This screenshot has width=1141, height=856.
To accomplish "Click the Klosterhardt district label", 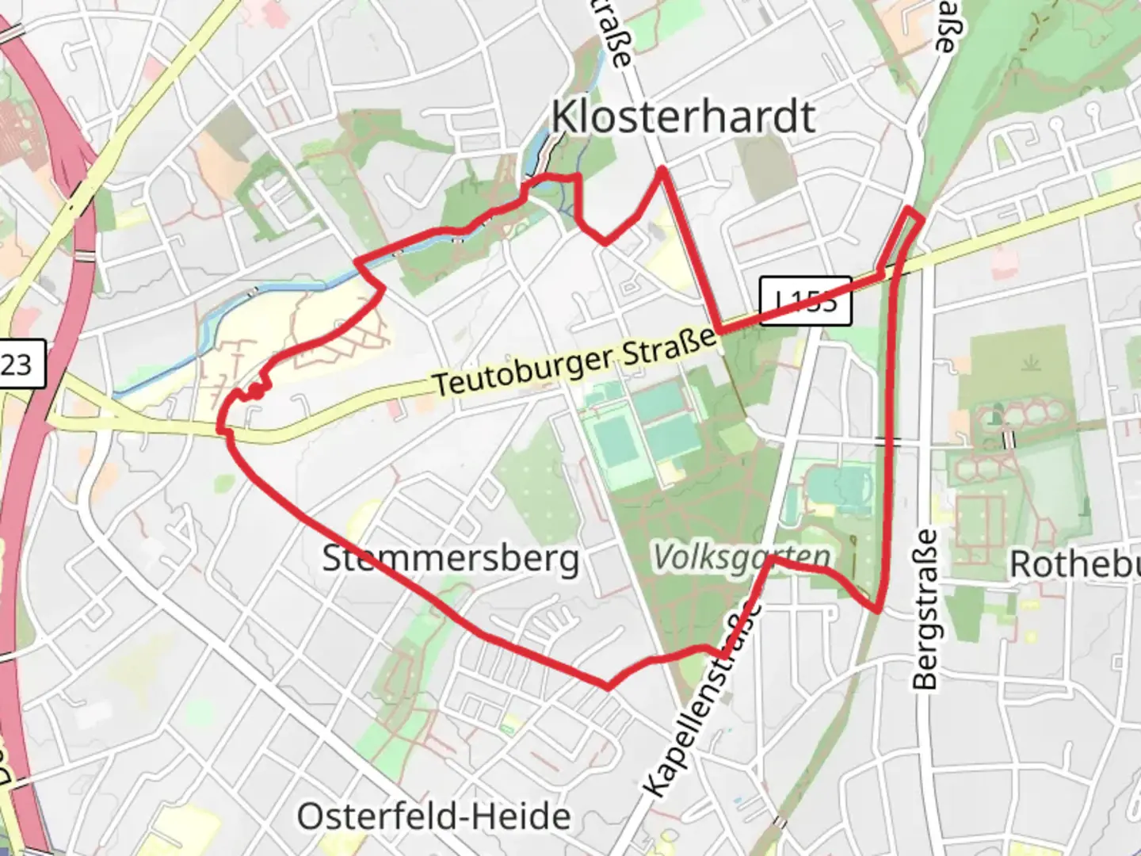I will click(683, 117).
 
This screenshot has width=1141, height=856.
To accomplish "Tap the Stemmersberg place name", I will click(450, 559).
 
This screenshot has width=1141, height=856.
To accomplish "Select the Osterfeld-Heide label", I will click(433, 816).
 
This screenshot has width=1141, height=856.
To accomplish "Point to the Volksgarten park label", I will click(742, 558).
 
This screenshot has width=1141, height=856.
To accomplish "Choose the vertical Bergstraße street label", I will click(925, 609).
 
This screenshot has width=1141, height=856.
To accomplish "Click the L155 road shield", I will click(805, 300).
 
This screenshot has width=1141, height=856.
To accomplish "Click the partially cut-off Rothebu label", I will click(1074, 564).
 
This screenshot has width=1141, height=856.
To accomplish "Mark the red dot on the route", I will click(256, 392).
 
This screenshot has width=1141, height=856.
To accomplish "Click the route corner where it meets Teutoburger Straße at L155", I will click(718, 329).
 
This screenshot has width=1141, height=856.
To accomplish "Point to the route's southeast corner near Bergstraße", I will click(878, 609).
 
